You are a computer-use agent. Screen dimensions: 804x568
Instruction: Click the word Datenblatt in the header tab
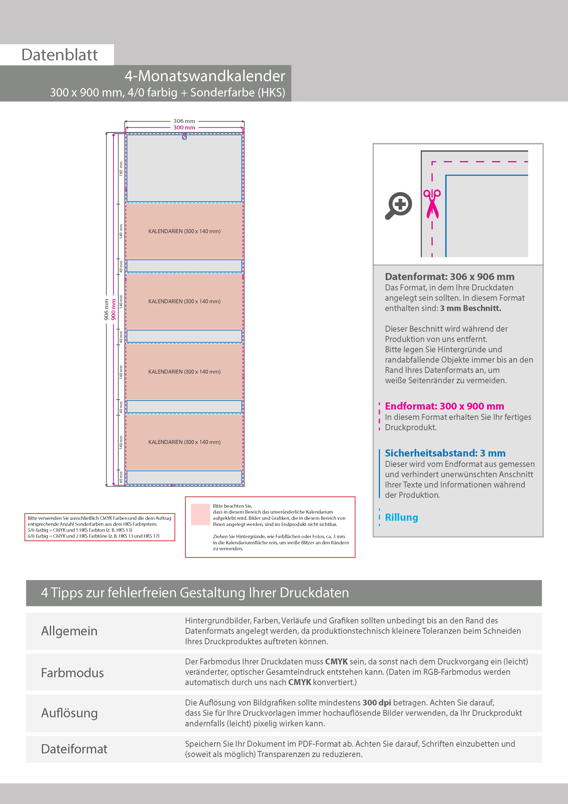pos(60,55)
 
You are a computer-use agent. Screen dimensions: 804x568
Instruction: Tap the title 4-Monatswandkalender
pos(205,76)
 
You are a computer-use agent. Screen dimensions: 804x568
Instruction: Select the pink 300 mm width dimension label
pos(184,127)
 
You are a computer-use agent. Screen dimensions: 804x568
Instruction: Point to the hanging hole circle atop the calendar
pos(184,137)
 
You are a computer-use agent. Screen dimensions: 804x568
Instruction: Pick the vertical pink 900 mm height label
pos(113,309)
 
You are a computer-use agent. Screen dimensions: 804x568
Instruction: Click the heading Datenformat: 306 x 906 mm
pos(449,277)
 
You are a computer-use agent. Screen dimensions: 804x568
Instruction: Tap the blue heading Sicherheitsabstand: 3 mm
pos(445,453)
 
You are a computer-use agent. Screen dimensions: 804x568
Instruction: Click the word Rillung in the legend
pos(401,517)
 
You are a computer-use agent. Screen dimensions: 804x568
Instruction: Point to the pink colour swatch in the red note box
pos(200,514)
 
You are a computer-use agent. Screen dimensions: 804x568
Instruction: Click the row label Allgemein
pos(69,631)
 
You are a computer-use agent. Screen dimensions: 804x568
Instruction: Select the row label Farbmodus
pos(72,673)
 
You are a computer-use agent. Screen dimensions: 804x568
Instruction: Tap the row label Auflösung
pos(69,713)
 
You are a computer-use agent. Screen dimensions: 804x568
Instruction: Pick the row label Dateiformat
pos(74,749)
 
